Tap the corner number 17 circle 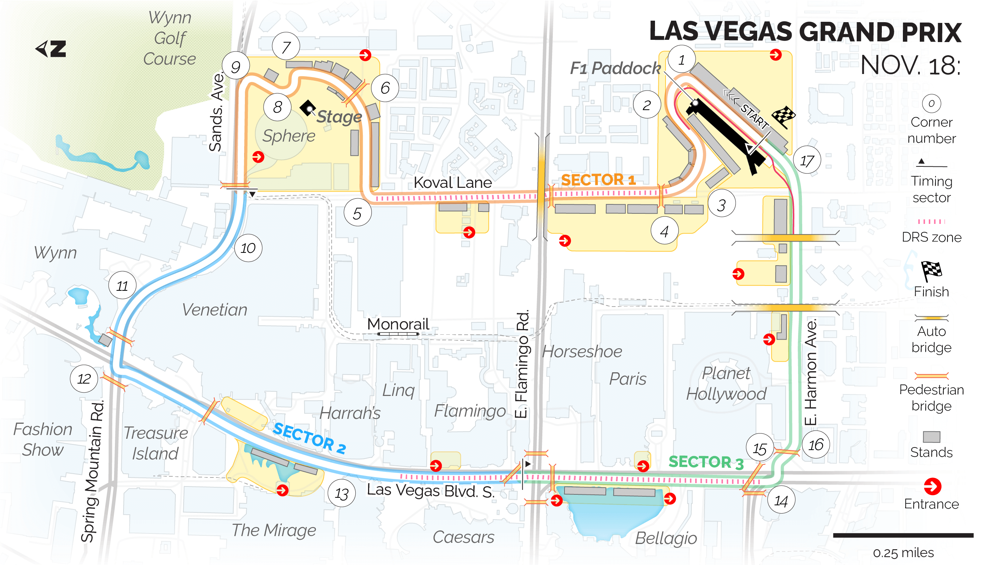807,160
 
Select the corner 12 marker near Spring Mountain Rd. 84,378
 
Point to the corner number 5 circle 357,213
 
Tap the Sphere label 288,136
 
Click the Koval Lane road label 452,182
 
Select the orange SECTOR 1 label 598,180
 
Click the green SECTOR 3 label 706,462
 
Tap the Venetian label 214,310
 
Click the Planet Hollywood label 726,384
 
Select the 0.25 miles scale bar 903,535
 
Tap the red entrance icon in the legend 932,486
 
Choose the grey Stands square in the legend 931,437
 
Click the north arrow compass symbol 51,49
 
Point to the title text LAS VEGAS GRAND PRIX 805,32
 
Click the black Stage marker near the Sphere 308,107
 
